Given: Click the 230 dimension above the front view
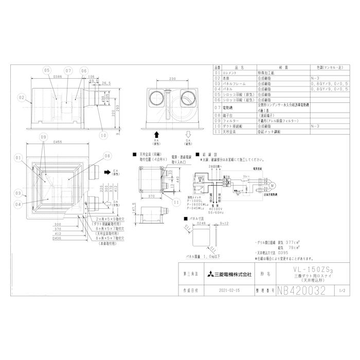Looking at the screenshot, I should tap(173, 80).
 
